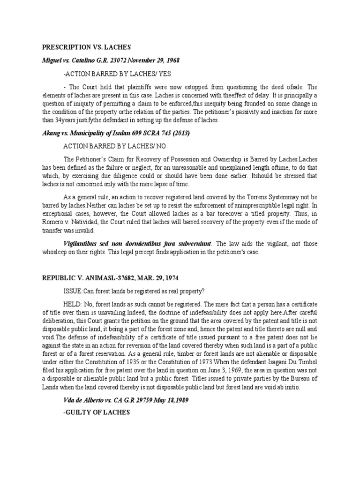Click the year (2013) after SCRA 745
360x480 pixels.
[x=180, y=133]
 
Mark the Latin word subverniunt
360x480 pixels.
[x=190, y=243]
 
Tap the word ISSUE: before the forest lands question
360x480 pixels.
[x=73, y=290]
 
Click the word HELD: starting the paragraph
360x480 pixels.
[x=73, y=302]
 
